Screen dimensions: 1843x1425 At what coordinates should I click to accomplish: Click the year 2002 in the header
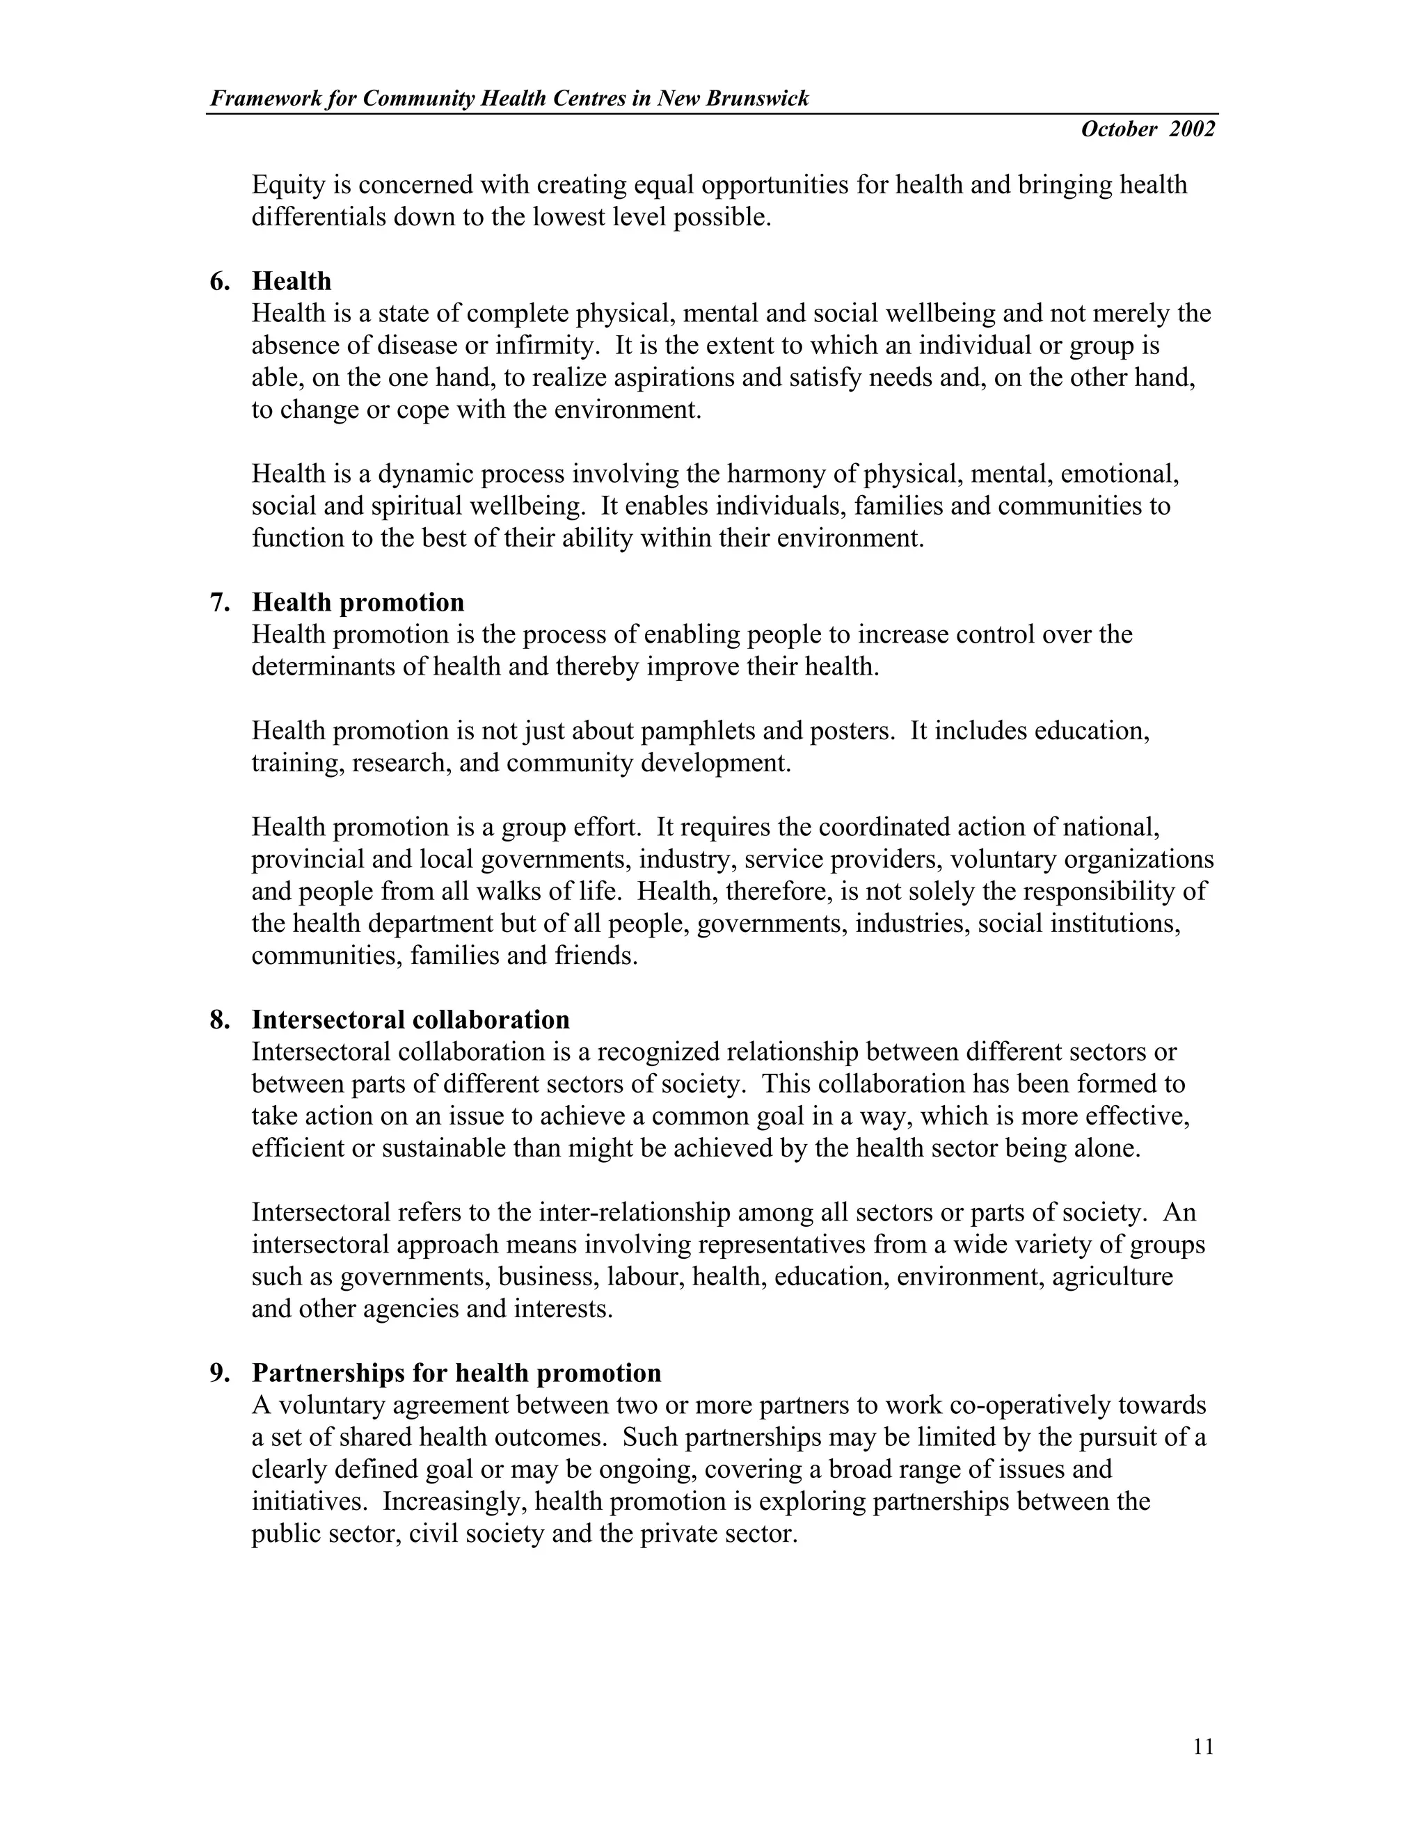pyautogui.click(x=1192, y=129)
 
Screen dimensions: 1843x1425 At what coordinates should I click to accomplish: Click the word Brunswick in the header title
pyautogui.click(x=757, y=99)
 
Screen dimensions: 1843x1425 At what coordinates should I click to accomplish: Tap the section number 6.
pyautogui.click(x=218, y=281)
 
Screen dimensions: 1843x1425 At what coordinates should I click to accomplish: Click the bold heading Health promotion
pyautogui.click(x=358, y=602)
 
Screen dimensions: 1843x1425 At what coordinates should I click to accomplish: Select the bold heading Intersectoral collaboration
pyautogui.click(x=411, y=1020)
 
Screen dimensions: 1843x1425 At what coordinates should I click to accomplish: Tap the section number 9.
pyautogui.click(x=218, y=1373)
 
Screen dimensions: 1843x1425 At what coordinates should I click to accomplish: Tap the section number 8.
pyautogui.click(x=218, y=1020)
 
